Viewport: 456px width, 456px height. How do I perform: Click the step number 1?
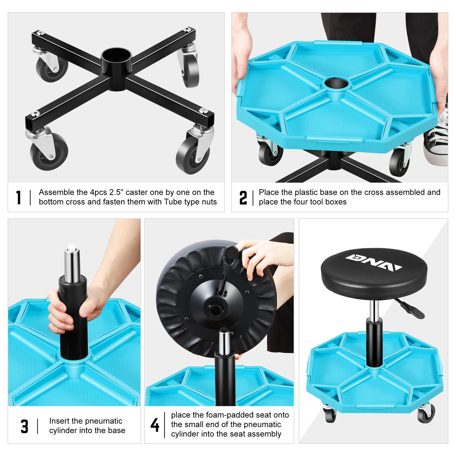pos(19,197)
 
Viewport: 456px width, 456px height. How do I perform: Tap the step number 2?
pos(243,197)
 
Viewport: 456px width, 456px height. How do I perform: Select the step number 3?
pos(24,426)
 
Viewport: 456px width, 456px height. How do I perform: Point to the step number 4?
pos(155,425)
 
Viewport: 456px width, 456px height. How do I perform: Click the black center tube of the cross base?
pos(116,69)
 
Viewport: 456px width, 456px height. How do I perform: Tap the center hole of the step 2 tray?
pos(336,84)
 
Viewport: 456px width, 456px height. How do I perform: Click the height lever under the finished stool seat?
pos(409,308)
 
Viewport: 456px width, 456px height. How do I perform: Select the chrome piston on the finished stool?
pos(374,309)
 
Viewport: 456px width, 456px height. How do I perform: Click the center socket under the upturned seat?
pos(215,310)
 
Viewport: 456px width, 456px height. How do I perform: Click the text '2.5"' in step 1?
pos(115,192)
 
